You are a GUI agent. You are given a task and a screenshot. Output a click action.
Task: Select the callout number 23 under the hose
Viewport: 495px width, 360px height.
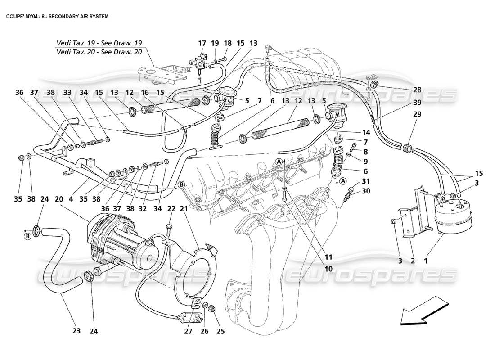point(76,332)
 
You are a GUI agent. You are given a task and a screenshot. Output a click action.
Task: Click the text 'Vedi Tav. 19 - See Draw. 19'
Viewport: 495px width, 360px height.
point(99,43)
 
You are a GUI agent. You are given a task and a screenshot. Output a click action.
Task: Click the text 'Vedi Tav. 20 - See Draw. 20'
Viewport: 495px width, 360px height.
point(99,52)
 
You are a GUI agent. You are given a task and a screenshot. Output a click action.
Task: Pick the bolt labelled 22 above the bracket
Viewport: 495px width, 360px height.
point(170,229)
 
